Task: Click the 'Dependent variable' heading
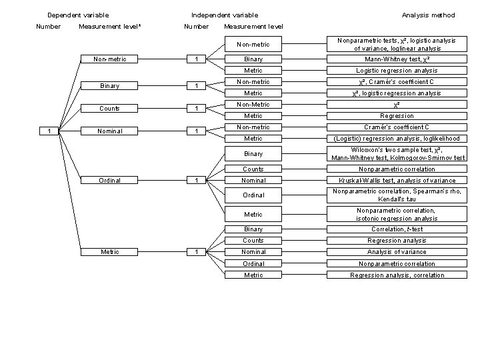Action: (78, 15)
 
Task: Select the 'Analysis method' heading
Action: (428, 15)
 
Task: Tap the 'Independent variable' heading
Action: (225, 15)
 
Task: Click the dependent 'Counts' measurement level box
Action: (110, 109)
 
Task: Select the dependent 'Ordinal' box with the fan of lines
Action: (110, 179)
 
